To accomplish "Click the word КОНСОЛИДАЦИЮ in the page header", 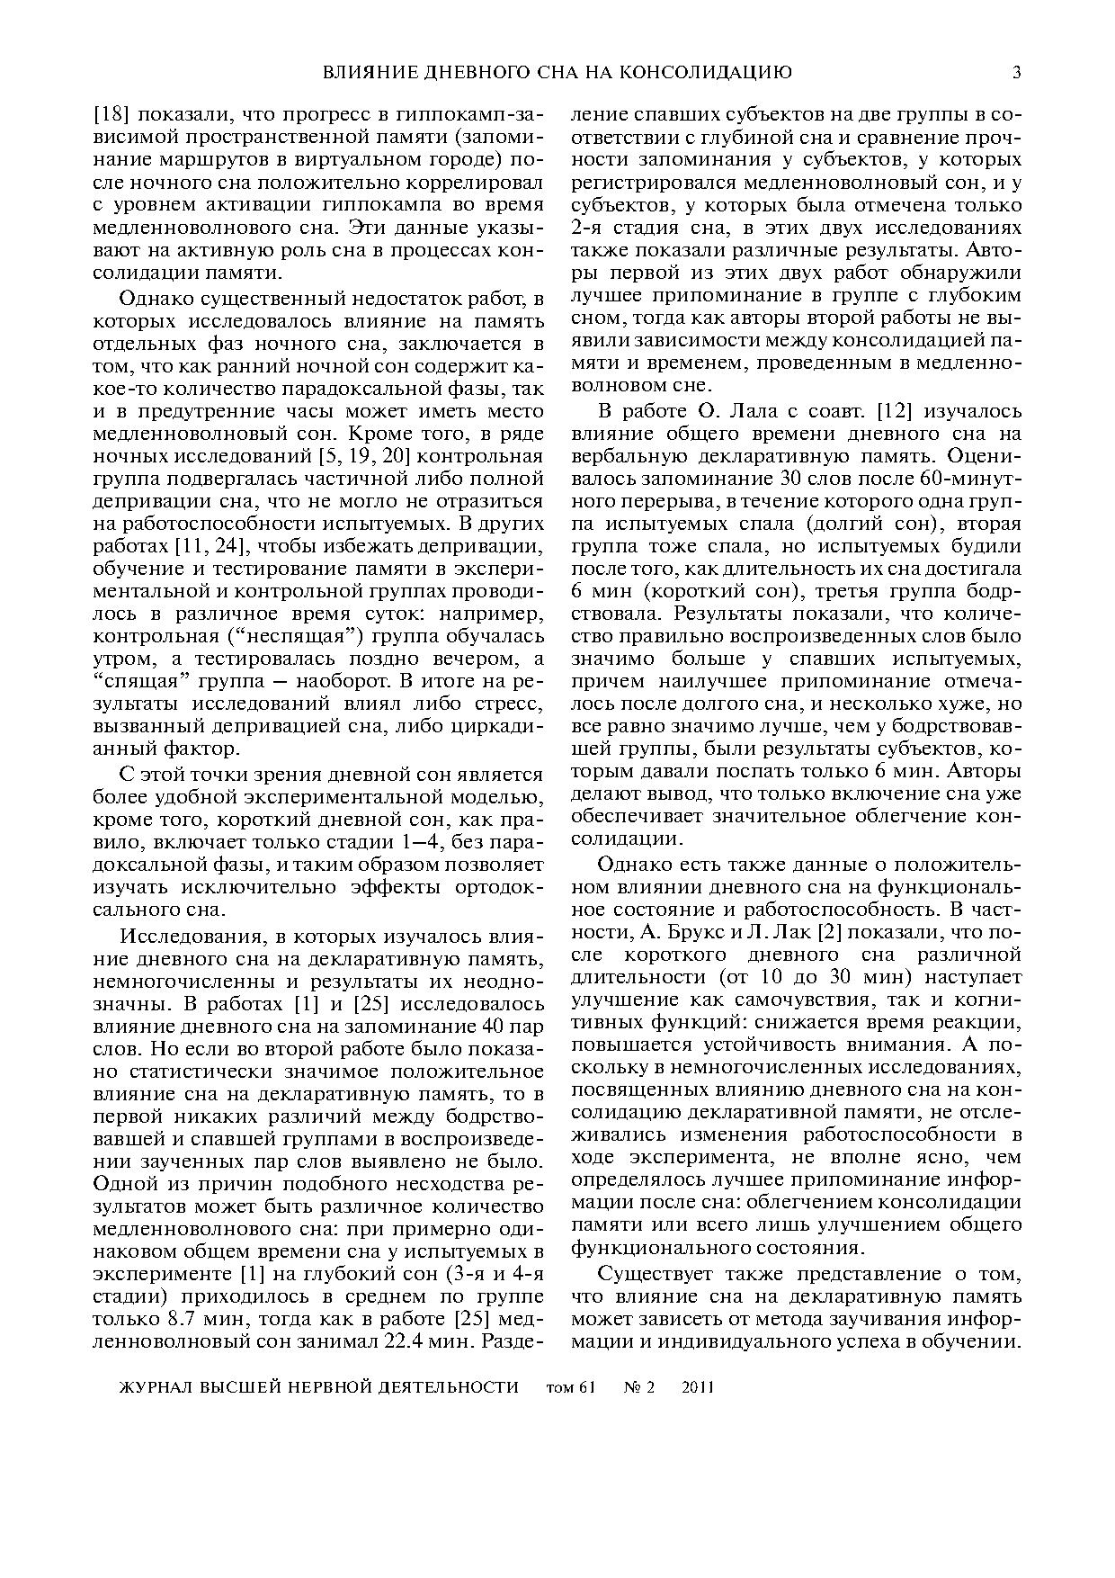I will (x=711, y=73).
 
